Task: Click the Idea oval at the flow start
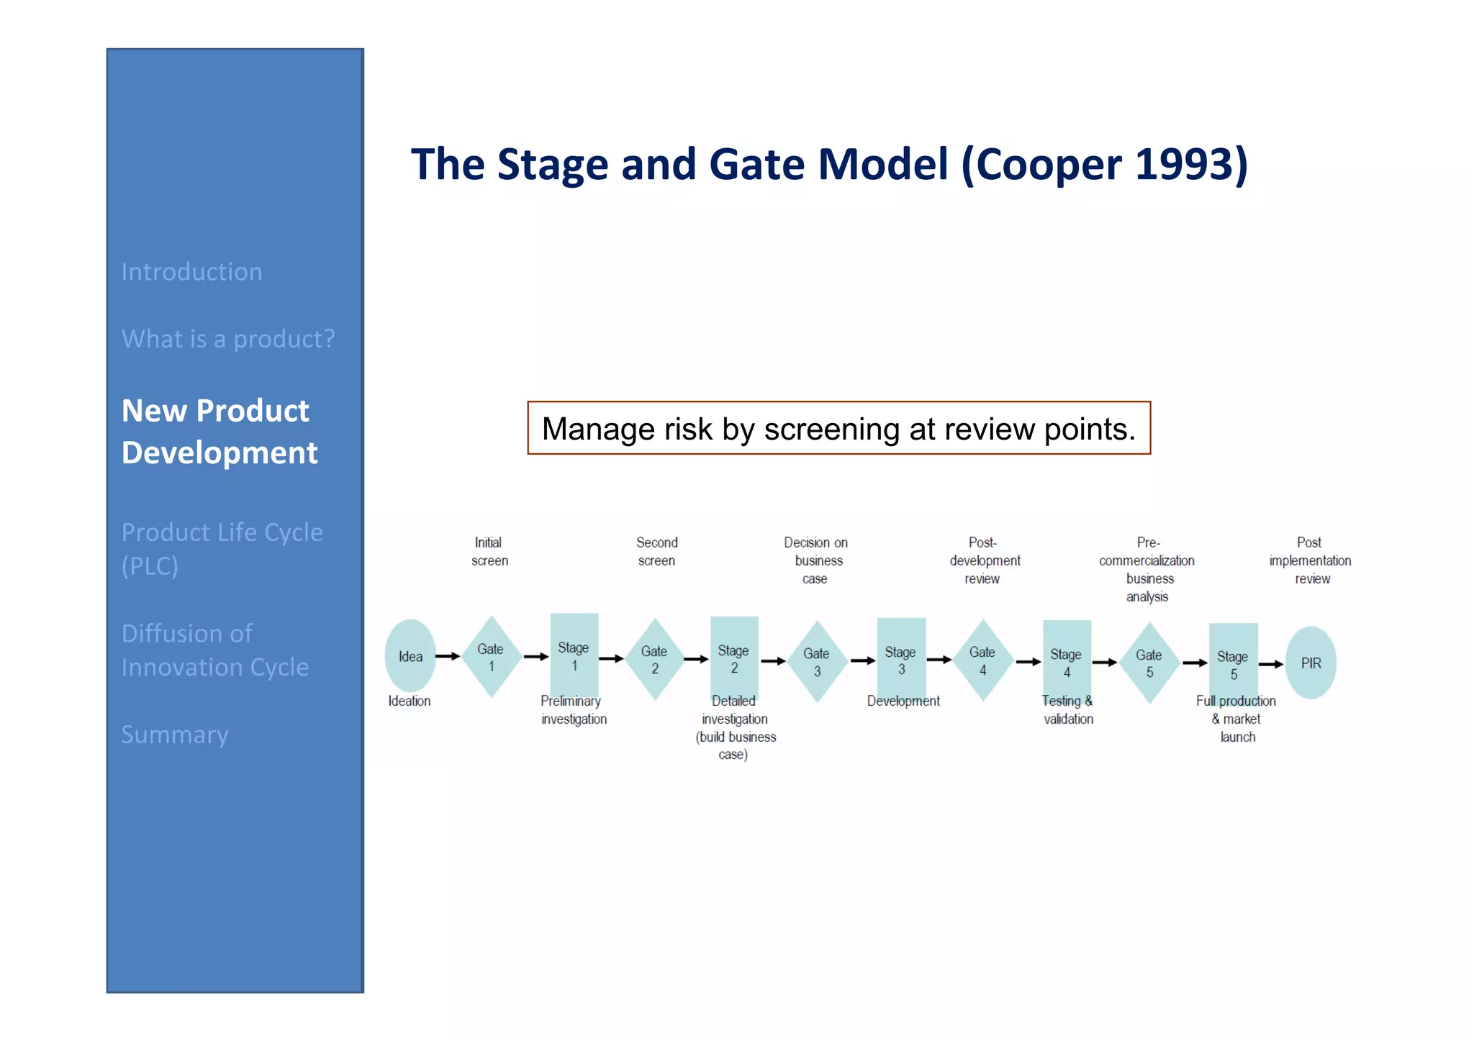[x=410, y=656]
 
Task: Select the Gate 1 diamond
[x=491, y=657]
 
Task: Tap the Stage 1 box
[x=574, y=655]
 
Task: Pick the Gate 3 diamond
[x=817, y=662]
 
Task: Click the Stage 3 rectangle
[x=900, y=659]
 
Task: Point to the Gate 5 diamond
[x=1149, y=663]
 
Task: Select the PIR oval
[x=1311, y=663]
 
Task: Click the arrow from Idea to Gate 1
[x=448, y=656]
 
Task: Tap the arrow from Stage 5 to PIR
[x=1271, y=664]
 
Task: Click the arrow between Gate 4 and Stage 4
[x=1028, y=662]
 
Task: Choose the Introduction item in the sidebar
[x=191, y=272]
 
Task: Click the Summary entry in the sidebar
[x=175, y=735]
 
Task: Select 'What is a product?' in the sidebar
[x=228, y=339]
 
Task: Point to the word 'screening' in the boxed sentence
[x=831, y=429]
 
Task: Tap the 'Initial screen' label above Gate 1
[x=489, y=552]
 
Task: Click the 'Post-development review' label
[x=984, y=560]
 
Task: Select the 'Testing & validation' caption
[x=1067, y=710]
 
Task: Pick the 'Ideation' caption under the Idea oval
[x=410, y=701]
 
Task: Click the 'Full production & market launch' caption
[x=1236, y=719]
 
